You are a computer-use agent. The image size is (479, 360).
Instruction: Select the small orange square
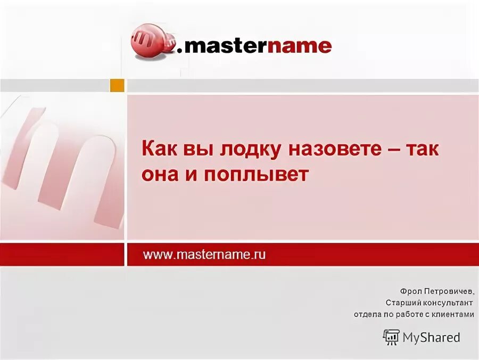click(x=117, y=85)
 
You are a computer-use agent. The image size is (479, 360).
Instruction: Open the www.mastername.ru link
click(x=204, y=255)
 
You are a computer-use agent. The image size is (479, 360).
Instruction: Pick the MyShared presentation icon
click(x=391, y=337)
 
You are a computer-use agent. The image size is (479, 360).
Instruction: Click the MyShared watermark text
click(x=431, y=337)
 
